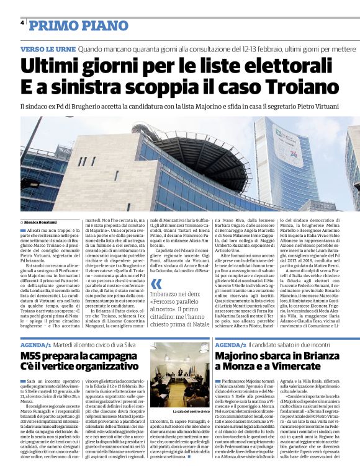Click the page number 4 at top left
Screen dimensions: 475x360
click(x=22, y=24)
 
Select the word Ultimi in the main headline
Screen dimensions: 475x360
click(x=51, y=65)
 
